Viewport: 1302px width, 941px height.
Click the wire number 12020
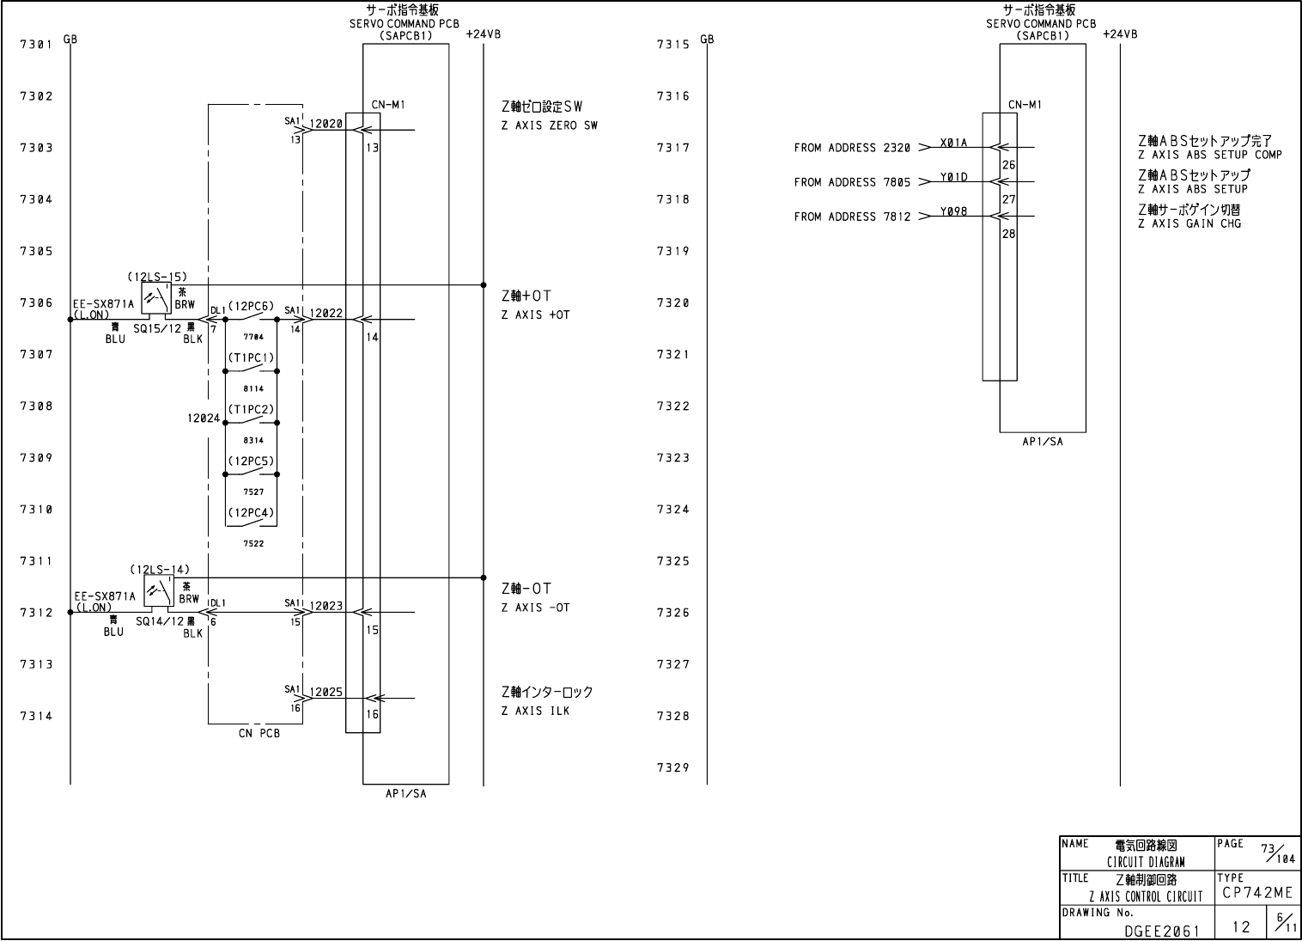point(325,124)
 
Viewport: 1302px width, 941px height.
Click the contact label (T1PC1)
point(251,357)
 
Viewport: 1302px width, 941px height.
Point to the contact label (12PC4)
point(251,513)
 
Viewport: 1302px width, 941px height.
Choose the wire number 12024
point(204,419)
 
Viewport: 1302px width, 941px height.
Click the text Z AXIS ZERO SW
point(550,125)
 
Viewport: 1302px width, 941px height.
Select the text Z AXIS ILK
point(535,711)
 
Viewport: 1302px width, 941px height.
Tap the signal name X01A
point(953,143)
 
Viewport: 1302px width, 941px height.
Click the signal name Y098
point(953,211)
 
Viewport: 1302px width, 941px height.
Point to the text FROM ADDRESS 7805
point(852,182)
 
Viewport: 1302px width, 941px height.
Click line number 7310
point(36,510)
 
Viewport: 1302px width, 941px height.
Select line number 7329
point(672,768)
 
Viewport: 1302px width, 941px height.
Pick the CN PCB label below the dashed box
point(259,734)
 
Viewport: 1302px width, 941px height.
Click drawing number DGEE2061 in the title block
point(1162,930)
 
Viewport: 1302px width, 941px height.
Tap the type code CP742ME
point(1257,894)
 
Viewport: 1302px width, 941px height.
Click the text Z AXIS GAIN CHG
point(1189,223)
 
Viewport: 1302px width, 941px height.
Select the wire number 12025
point(325,692)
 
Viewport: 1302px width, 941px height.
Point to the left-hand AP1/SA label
point(405,794)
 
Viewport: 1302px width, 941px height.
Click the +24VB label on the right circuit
point(1120,34)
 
